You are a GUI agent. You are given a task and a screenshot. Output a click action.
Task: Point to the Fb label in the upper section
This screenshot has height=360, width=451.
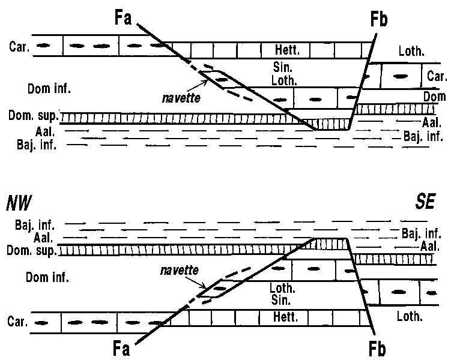[x=378, y=20]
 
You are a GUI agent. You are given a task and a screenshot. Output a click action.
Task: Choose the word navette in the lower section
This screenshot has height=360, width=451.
[x=180, y=271]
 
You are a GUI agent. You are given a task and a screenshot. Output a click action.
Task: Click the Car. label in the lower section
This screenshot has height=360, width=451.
[x=17, y=321]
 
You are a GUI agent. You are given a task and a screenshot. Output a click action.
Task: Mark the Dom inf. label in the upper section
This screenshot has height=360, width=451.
[x=49, y=89]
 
